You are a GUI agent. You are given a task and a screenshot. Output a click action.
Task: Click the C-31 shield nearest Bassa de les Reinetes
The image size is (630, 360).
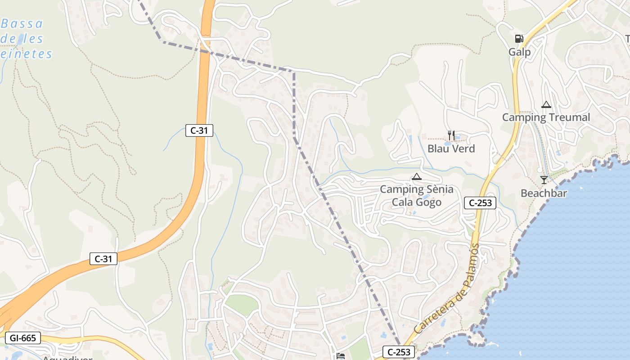click(199, 130)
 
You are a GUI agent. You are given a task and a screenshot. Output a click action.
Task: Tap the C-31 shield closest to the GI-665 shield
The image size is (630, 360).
click(103, 259)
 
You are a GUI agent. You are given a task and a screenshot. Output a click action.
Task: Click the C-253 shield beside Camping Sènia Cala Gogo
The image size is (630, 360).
click(480, 203)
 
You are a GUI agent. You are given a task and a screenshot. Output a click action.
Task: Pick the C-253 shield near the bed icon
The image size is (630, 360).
click(399, 352)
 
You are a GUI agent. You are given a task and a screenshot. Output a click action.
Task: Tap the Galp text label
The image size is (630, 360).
click(519, 52)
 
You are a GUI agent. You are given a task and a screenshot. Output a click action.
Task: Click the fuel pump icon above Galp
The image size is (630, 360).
click(519, 39)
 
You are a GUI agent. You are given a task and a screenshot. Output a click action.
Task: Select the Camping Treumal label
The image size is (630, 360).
click(546, 117)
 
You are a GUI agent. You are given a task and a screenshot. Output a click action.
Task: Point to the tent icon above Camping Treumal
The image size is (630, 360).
click(546, 105)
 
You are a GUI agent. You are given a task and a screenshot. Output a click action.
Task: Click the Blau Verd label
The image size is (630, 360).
click(451, 148)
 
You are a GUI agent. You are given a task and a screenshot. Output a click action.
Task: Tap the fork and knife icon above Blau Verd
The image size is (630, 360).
click(451, 135)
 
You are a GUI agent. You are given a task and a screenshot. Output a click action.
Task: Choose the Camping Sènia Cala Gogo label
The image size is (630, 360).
click(417, 196)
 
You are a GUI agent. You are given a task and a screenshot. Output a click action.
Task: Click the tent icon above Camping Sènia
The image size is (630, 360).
click(417, 176)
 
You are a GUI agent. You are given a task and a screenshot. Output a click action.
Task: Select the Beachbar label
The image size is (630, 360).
click(544, 193)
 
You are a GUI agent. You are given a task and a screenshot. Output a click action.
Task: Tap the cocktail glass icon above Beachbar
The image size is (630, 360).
click(544, 180)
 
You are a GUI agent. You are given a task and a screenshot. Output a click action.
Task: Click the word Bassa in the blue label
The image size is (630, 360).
click(22, 23)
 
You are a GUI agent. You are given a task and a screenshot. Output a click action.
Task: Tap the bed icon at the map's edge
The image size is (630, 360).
click(341, 356)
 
